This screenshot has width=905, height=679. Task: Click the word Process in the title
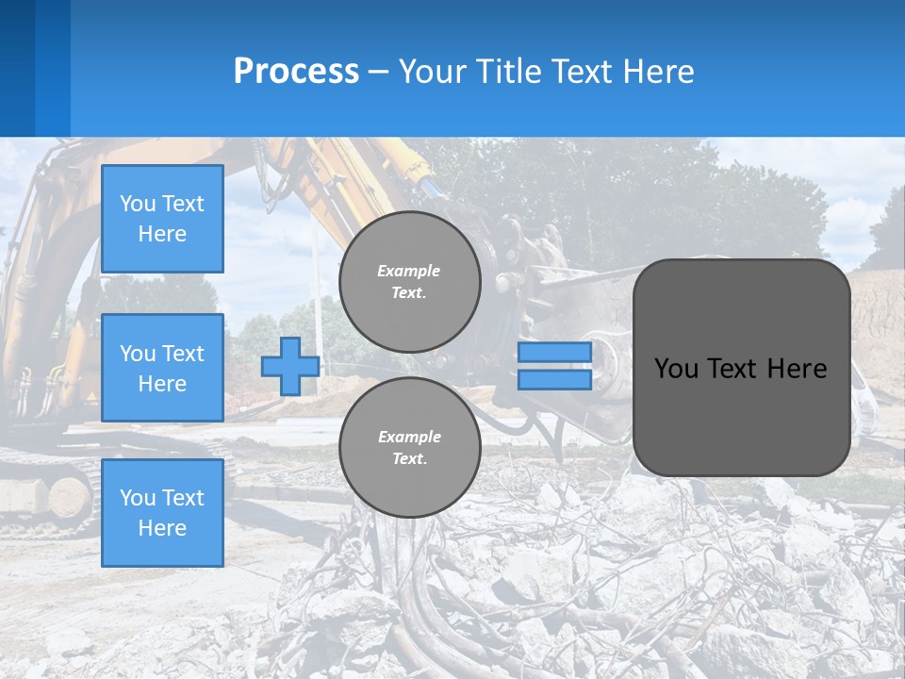tap(296, 72)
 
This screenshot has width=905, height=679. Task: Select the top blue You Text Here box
tap(162, 219)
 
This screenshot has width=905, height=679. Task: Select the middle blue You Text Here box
tap(162, 368)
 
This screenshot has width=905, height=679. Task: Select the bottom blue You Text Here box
tap(162, 512)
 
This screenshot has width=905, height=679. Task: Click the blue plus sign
tap(289, 367)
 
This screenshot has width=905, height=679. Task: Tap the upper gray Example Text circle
tap(410, 282)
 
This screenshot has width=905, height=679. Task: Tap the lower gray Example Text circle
tap(410, 448)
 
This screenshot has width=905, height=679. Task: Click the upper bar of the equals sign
tap(554, 352)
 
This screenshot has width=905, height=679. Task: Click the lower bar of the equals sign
tap(554, 380)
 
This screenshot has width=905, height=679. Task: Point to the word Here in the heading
tap(657, 72)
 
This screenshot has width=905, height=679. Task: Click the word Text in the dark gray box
tap(737, 369)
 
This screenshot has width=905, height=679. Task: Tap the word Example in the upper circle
tap(409, 272)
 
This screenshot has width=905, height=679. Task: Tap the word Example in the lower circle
tap(409, 438)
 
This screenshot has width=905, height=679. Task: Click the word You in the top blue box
tap(138, 204)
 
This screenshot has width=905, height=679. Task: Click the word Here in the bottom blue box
tap(162, 528)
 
